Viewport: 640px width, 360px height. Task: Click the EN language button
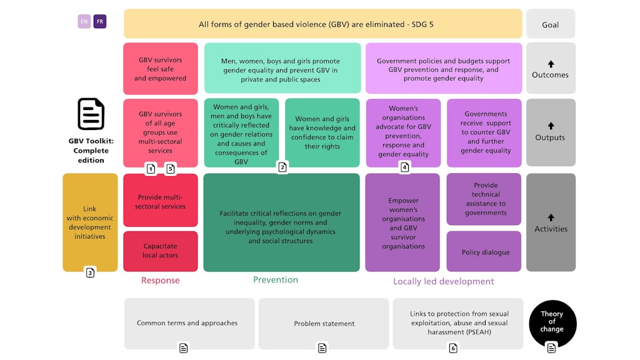[84, 21]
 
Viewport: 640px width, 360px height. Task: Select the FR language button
[100, 21]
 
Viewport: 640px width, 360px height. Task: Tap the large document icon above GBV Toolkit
[91, 114]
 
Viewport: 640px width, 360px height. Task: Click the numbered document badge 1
[151, 169]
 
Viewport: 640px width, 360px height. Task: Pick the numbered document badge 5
[171, 169]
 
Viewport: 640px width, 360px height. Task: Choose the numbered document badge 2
[282, 167]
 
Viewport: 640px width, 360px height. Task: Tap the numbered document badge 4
[404, 167]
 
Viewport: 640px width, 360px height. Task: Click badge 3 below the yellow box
[90, 272]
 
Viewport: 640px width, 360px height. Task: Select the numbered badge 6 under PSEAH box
[453, 347]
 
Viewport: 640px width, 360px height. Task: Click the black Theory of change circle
[552, 323]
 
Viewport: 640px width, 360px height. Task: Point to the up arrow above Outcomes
[551, 64]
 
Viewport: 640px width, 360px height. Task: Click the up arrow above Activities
[551, 217]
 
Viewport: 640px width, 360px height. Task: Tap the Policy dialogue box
[484, 251]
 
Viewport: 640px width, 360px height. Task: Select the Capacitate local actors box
[161, 251]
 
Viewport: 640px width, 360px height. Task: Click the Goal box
[551, 24]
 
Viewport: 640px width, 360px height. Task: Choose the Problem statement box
[324, 324]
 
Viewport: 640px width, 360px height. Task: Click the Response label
[161, 281]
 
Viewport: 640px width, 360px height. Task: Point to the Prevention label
[276, 280]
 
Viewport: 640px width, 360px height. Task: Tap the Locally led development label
[443, 281]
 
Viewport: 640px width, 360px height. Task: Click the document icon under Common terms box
[184, 347]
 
